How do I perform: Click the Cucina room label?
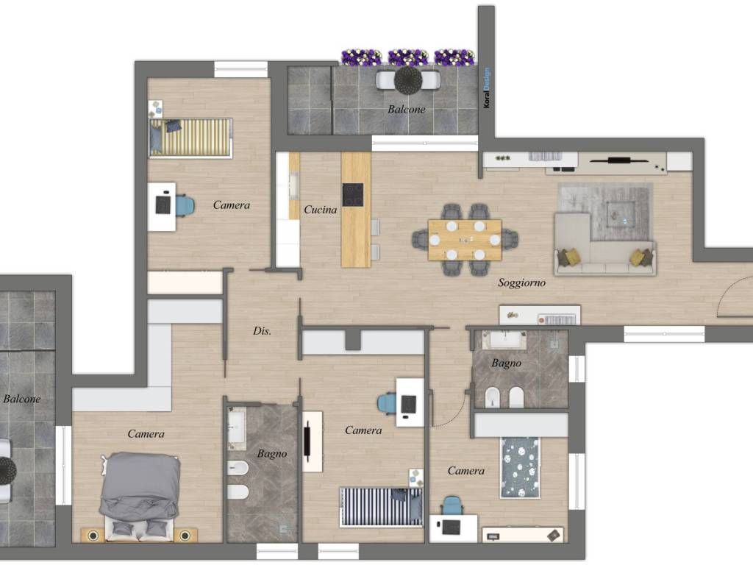pyautogui.click(x=321, y=210)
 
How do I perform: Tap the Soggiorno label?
pyautogui.click(x=521, y=282)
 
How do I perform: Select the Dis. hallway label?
pyautogui.click(x=262, y=330)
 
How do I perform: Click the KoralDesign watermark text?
pyautogui.click(x=487, y=88)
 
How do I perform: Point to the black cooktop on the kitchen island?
pyautogui.click(x=352, y=194)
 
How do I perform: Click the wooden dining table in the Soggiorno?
pyautogui.click(x=465, y=240)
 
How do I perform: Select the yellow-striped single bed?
pyautogui.click(x=190, y=138)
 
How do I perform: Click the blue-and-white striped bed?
pyautogui.click(x=382, y=507)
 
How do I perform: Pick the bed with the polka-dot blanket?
pyautogui.click(x=520, y=467)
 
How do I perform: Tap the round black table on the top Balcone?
pyautogui.click(x=408, y=79)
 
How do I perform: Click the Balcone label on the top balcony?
pyautogui.click(x=406, y=109)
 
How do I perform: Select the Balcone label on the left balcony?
pyautogui.click(x=21, y=398)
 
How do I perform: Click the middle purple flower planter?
pyautogui.click(x=407, y=57)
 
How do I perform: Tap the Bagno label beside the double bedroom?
pyautogui.click(x=272, y=453)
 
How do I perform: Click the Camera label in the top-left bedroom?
pyautogui.click(x=232, y=205)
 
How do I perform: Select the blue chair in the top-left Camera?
pyautogui.click(x=185, y=206)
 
